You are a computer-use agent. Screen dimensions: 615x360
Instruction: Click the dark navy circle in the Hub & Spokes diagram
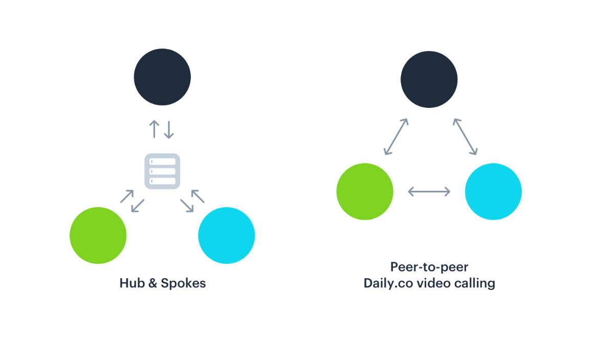pyautogui.click(x=162, y=77)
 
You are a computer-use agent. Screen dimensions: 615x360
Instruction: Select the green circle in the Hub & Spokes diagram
pyautogui.click(x=98, y=235)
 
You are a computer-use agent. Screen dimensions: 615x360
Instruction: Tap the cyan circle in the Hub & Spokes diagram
pyautogui.click(x=227, y=235)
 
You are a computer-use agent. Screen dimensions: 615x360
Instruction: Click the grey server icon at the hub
pyautogui.click(x=162, y=171)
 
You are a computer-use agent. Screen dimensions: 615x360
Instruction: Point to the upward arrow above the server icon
pyautogui.click(x=155, y=129)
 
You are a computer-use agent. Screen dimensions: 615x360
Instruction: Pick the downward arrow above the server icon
pyautogui.click(x=169, y=130)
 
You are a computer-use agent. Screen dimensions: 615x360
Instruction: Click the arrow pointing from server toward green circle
pyautogui.click(x=138, y=206)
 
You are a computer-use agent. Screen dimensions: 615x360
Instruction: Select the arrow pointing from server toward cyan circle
pyautogui.click(x=187, y=206)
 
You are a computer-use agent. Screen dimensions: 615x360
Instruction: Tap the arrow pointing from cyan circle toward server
pyautogui.click(x=197, y=196)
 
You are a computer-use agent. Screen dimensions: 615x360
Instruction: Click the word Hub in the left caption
pyautogui.click(x=132, y=283)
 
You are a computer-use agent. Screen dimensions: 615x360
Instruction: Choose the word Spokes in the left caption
pyautogui.click(x=183, y=284)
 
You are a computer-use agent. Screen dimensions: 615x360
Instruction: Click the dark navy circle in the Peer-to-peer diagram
pyautogui.click(x=429, y=80)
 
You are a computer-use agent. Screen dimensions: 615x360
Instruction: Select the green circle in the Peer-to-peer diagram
pyautogui.click(x=365, y=192)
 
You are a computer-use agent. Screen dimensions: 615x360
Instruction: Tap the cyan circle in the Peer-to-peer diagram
pyautogui.click(x=493, y=192)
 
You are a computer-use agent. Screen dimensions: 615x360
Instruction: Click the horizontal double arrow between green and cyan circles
pyautogui.click(x=429, y=192)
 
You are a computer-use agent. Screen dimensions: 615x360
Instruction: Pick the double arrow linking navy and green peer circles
pyautogui.click(x=396, y=137)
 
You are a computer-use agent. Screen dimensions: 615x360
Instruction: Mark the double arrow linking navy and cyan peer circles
pyautogui.click(x=466, y=137)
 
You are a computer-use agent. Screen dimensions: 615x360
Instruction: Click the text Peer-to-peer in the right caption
pyautogui.click(x=429, y=267)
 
